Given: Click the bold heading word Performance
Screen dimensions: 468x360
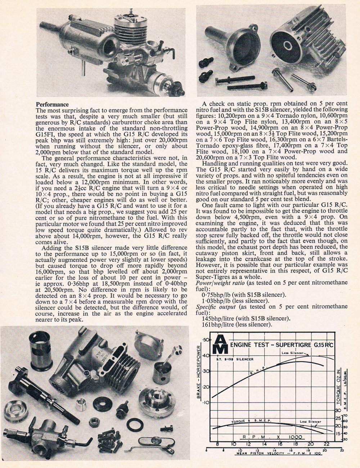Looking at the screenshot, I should (53, 105).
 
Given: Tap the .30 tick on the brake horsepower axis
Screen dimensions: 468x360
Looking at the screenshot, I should (206, 371).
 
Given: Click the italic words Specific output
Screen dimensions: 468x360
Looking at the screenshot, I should (215, 306).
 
